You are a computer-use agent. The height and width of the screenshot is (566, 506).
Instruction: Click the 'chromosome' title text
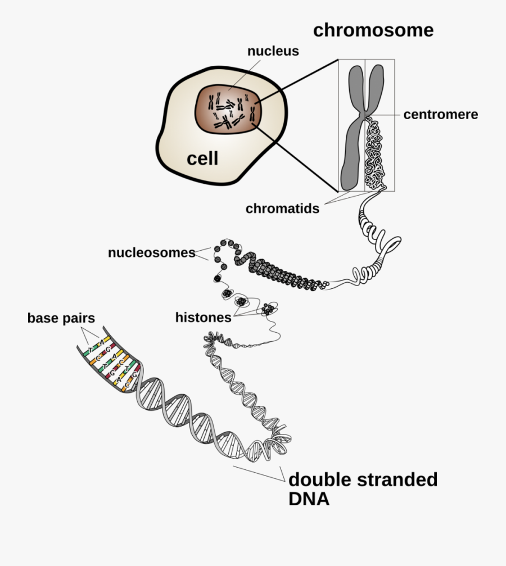point(373,30)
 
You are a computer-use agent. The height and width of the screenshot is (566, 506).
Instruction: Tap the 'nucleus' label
point(273,51)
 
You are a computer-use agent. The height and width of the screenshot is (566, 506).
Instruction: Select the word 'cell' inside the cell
point(202,159)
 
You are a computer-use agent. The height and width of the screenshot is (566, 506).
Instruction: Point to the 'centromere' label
point(440,115)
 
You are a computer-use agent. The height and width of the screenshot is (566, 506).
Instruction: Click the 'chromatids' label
point(282,209)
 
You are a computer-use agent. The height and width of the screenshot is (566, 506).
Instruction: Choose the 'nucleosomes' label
point(151,253)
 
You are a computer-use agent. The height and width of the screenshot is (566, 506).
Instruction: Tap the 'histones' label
point(203,318)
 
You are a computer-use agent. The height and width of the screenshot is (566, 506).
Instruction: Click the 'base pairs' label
point(61,318)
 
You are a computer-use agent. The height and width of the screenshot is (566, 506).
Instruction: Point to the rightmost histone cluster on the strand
point(268,309)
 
